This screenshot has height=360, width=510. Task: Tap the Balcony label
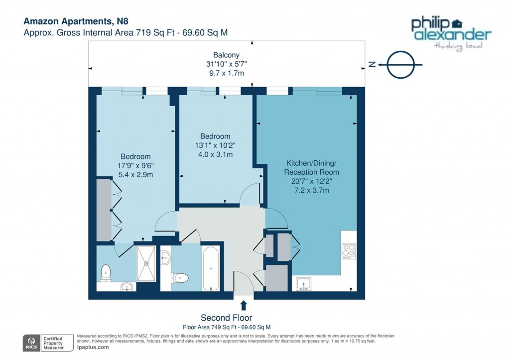point(227,55)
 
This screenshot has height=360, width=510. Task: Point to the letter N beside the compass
point(372,64)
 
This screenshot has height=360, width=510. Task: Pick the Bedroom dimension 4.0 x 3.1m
point(215,154)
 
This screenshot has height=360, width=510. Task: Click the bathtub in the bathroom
point(210,268)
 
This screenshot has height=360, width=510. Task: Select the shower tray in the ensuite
point(146,264)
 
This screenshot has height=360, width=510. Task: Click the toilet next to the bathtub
point(181,277)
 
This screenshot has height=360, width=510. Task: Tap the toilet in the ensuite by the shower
point(105,272)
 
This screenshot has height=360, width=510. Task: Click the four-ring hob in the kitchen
point(349,250)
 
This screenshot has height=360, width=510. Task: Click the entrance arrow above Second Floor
point(244,305)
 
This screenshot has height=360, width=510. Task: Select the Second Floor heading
point(226,318)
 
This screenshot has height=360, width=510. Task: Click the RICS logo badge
point(33,342)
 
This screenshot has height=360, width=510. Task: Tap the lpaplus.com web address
point(93,348)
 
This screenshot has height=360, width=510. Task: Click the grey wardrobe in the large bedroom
point(103,210)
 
